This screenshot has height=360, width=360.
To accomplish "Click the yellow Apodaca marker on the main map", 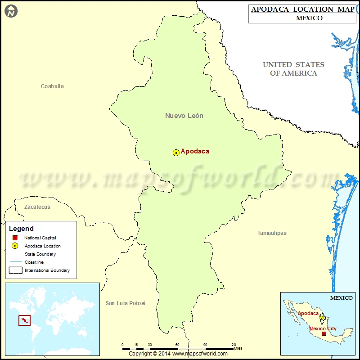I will coord(176,153).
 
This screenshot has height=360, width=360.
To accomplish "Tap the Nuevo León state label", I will coord(184,116).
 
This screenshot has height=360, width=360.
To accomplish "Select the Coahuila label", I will coord(52,86).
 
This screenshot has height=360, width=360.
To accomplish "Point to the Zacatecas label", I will coord(37,207).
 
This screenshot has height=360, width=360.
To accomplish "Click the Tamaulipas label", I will coord(272,233).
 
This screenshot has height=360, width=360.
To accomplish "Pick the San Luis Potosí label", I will coord(126,303).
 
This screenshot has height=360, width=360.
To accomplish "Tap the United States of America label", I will coord(293,69).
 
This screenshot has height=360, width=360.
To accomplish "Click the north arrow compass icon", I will coord(12,11).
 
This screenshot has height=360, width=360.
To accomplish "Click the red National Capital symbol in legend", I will coord(15,238).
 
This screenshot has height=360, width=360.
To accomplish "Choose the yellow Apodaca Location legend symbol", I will coord(15,246).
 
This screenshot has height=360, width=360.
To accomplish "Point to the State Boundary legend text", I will coord(40,254).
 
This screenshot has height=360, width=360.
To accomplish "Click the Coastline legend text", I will coord(34,262).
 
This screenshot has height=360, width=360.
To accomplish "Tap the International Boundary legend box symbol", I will coord(15,270).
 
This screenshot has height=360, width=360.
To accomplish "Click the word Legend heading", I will coord(21,229).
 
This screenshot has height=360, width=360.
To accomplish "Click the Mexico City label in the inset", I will coord(323,328).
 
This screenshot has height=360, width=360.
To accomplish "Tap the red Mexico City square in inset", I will coord(324,334).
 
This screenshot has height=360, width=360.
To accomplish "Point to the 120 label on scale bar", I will coord(233,345).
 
